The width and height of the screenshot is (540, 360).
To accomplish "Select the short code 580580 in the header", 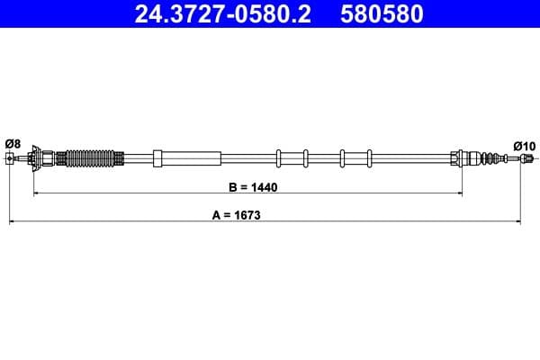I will (381, 15).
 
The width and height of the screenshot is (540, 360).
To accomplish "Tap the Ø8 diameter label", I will (13, 143).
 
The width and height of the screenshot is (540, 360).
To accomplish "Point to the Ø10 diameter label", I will (524, 145).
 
